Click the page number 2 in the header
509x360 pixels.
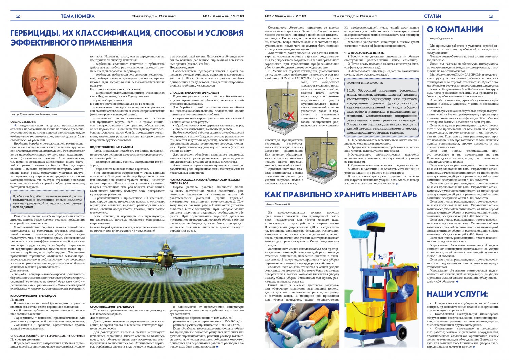tap(18, 16)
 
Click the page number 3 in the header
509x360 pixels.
tap(491, 16)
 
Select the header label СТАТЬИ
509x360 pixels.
tap(432, 16)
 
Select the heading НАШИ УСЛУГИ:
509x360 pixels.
tap(457, 294)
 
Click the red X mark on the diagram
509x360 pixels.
tap(290, 115)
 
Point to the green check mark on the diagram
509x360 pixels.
tap(333, 163)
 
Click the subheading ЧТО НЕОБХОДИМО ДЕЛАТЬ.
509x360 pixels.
tap(364, 53)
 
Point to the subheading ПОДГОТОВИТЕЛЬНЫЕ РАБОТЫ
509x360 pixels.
tap(112, 147)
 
